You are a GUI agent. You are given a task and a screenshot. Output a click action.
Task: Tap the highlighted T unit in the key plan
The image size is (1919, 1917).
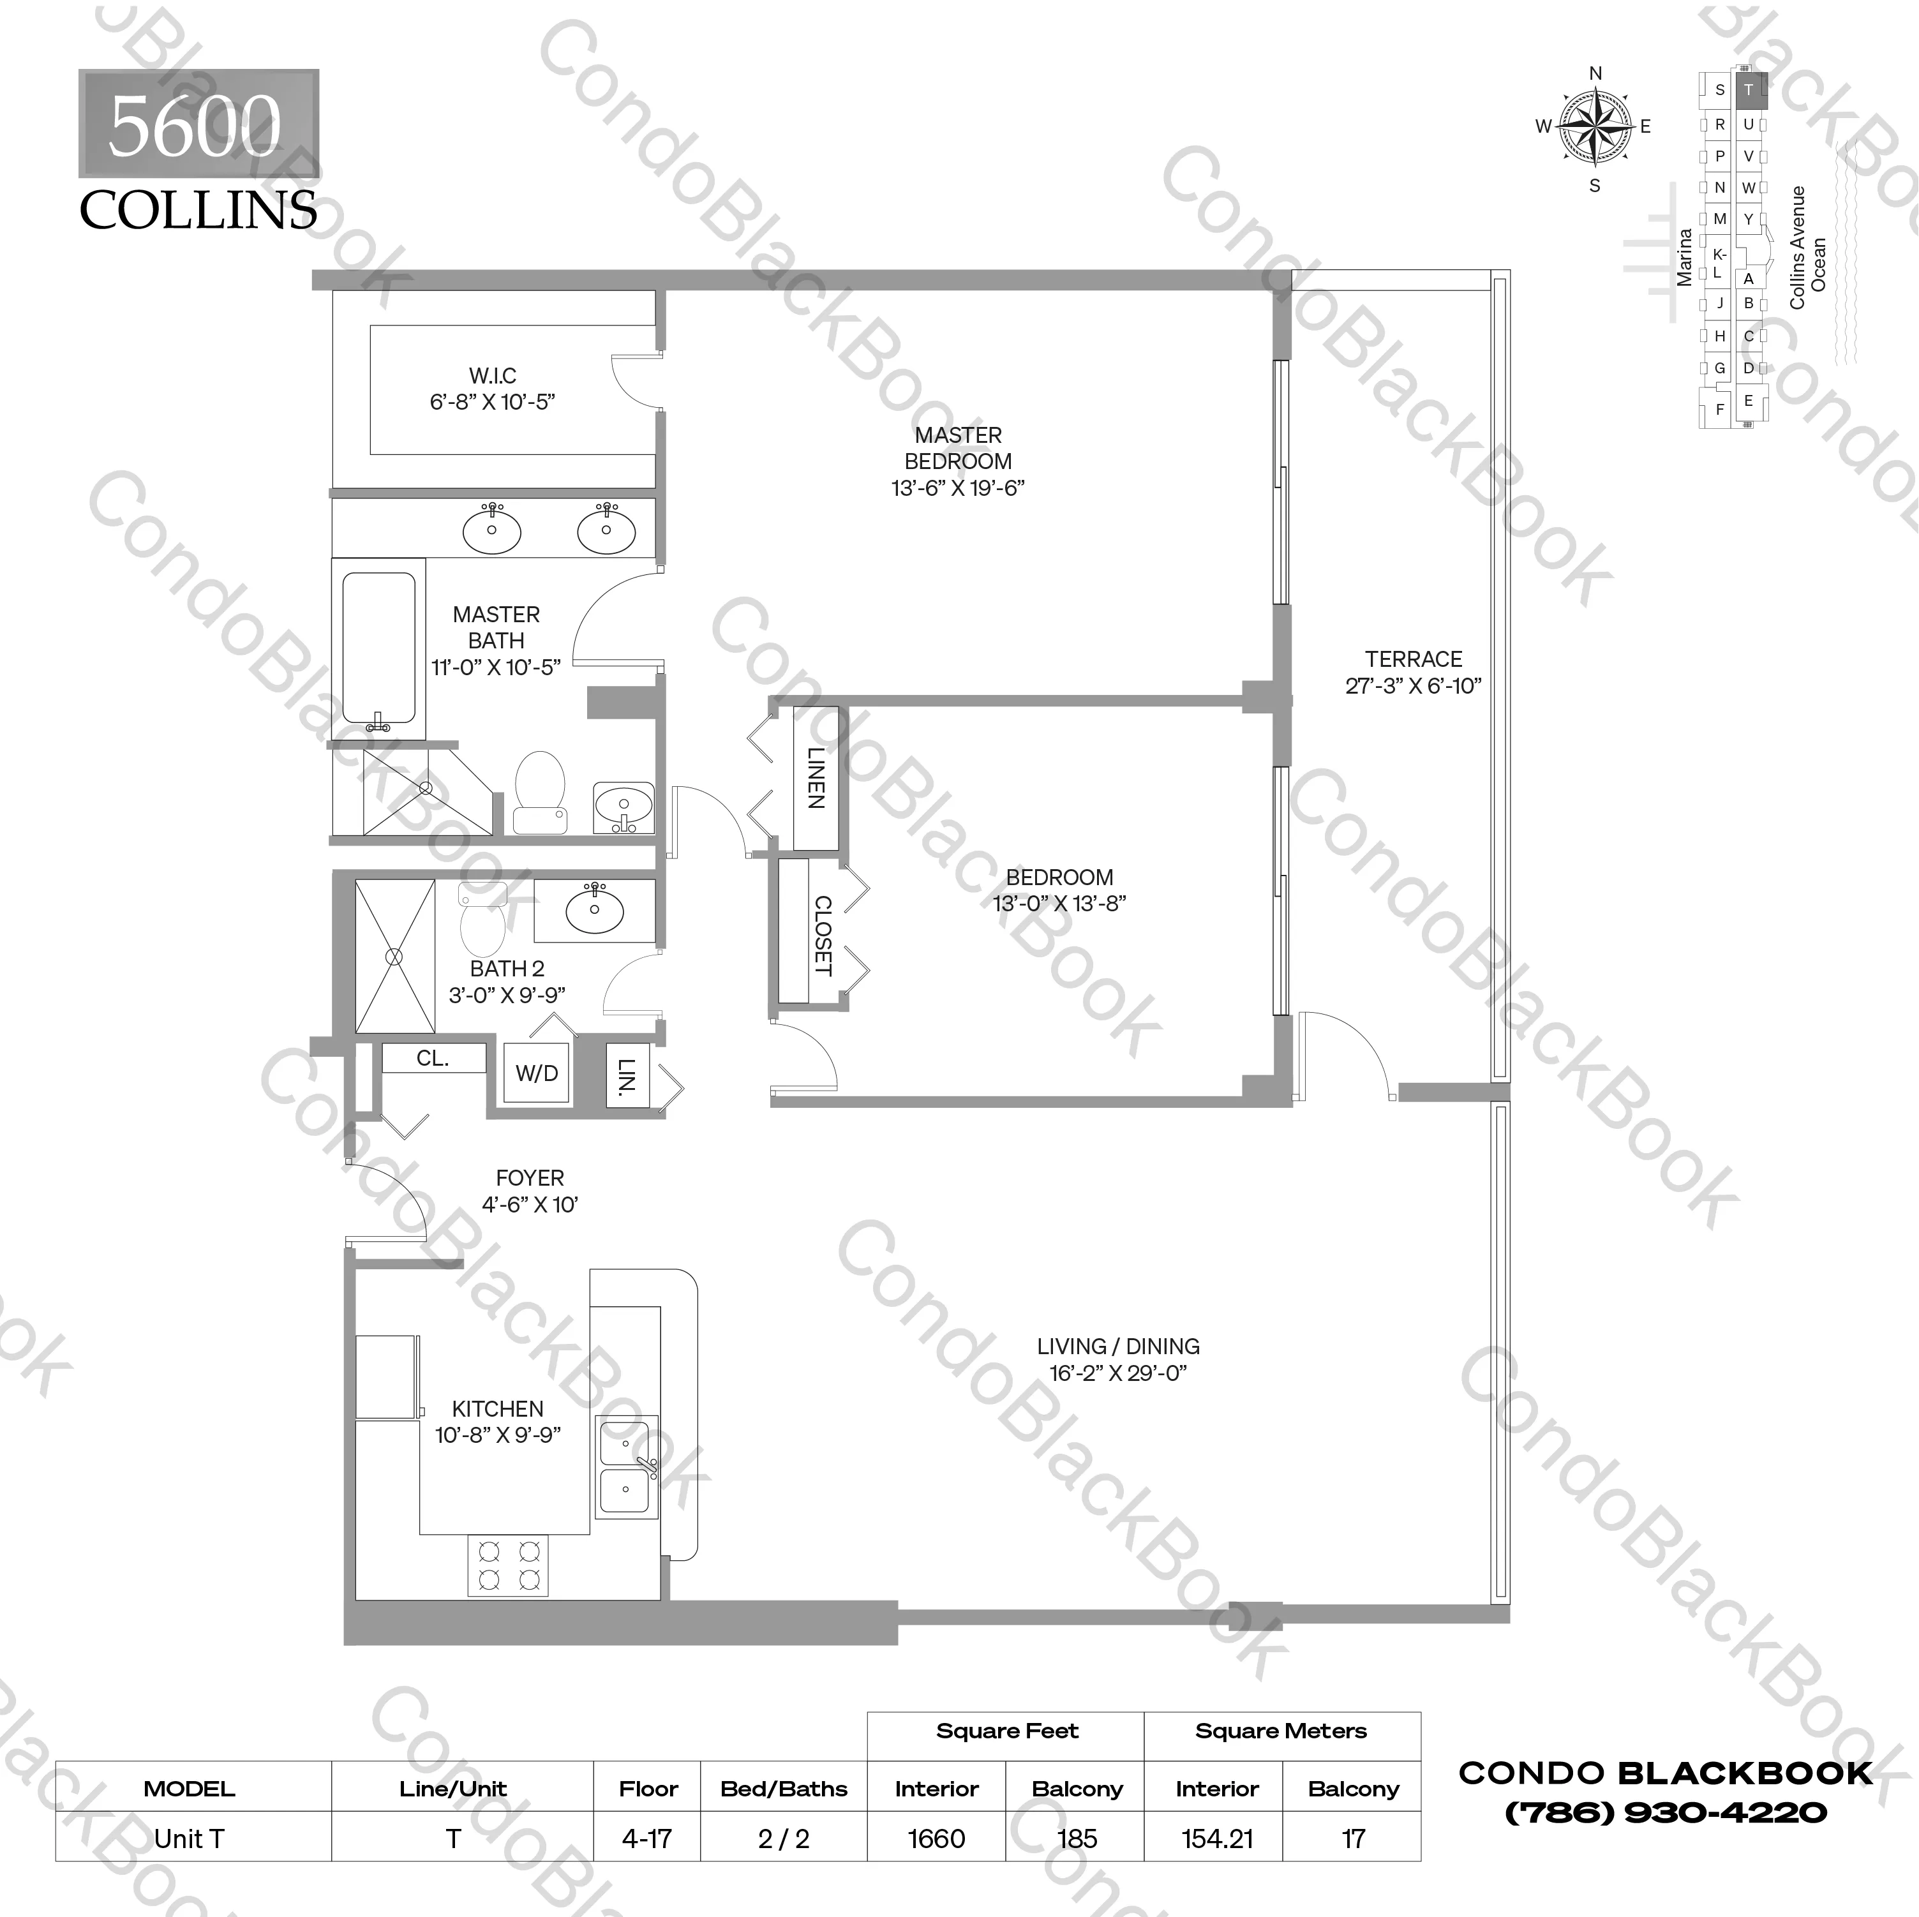[1749, 89]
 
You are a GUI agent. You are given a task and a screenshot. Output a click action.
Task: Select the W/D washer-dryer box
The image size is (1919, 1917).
[536, 1073]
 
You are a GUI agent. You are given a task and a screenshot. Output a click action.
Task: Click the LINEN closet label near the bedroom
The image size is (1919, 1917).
[816, 778]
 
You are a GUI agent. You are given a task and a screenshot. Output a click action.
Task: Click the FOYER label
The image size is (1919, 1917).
[530, 1178]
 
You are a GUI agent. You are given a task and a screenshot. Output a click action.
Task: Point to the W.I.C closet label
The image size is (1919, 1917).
[493, 375]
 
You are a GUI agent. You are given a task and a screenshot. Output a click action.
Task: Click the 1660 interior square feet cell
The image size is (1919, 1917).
[936, 1839]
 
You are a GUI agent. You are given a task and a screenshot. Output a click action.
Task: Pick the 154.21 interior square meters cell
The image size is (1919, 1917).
[1217, 1839]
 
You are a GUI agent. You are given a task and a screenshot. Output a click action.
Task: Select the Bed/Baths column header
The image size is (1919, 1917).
[784, 1789]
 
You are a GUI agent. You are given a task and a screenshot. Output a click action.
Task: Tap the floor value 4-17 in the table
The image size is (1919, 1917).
[646, 1839]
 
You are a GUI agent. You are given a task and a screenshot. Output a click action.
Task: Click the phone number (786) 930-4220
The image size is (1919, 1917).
[1666, 1813]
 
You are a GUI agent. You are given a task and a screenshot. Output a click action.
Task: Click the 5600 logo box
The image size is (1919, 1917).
[198, 124]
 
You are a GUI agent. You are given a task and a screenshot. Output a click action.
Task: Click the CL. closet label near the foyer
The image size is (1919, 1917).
[432, 1059]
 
